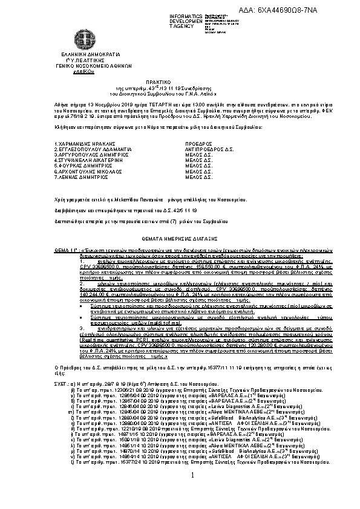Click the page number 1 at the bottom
coord(192,476)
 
